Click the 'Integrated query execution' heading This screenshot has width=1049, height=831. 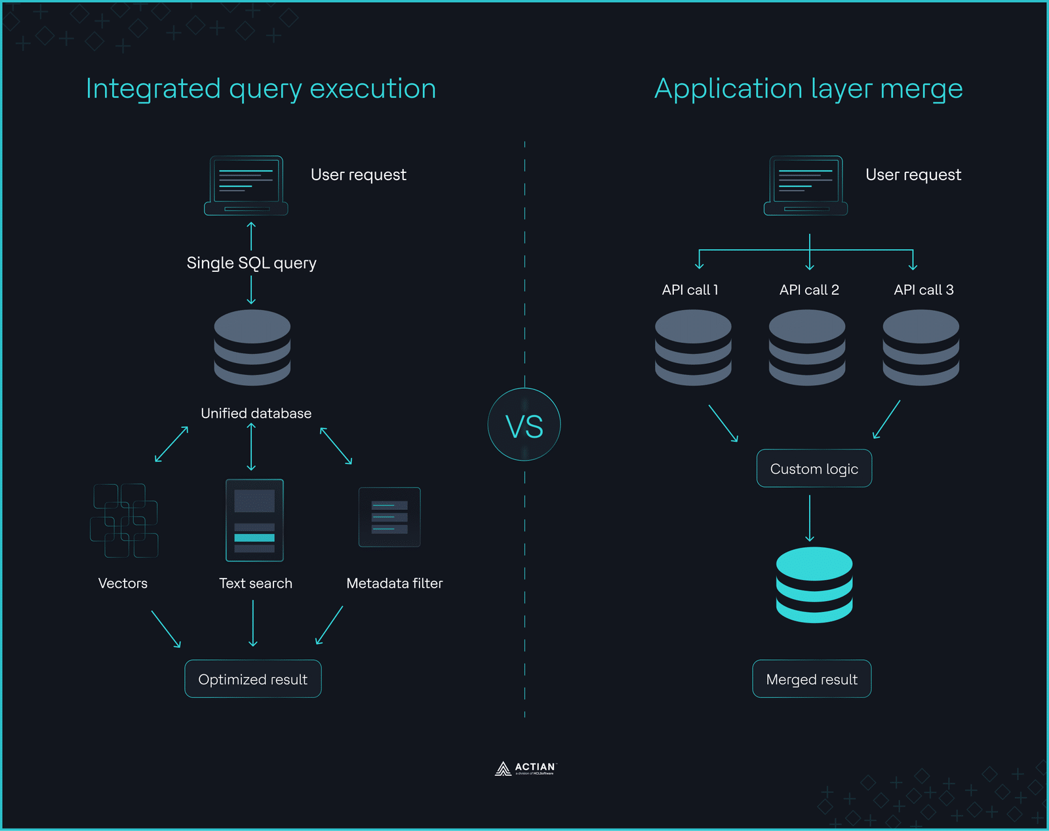[x=261, y=88]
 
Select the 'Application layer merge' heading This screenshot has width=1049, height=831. [x=808, y=88]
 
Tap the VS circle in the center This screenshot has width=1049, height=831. [x=524, y=425]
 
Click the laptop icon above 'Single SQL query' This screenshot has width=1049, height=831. [x=246, y=185]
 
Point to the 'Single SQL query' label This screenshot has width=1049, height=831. [x=251, y=263]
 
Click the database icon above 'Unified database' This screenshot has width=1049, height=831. [x=252, y=347]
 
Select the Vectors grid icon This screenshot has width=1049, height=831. [x=124, y=520]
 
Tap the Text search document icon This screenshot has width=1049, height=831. [x=254, y=520]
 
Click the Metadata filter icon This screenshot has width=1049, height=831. [x=389, y=517]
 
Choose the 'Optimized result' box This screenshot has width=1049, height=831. [x=253, y=679]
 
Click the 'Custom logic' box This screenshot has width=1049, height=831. [x=814, y=469]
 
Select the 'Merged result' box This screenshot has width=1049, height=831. [x=812, y=679]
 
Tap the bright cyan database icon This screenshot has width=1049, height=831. [x=814, y=585]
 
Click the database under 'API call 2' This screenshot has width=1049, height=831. [x=807, y=347]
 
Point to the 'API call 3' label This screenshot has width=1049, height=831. [x=923, y=290]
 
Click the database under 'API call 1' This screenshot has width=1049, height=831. [x=693, y=347]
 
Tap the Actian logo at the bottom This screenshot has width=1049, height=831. [x=524, y=768]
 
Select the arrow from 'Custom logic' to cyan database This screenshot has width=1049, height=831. [x=810, y=518]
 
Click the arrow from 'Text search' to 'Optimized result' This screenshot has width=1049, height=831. [x=253, y=623]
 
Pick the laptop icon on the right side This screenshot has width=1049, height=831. [x=806, y=185]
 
